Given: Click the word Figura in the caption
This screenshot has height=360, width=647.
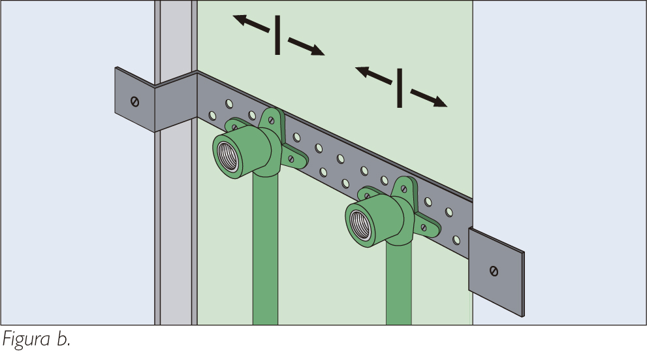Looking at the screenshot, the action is click(26, 340).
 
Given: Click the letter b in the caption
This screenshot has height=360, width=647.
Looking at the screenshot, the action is click(62, 339).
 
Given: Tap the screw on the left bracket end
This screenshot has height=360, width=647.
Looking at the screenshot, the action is click(134, 101).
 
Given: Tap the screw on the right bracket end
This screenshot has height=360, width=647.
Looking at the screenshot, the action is click(494, 271).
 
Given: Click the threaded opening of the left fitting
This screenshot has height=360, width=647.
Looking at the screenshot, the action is click(229, 156).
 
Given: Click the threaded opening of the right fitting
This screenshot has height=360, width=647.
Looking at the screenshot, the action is click(360, 225).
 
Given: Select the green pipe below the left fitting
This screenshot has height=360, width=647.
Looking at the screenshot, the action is click(265, 248).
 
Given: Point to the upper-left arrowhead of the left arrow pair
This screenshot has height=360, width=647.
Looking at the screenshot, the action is click(240, 19).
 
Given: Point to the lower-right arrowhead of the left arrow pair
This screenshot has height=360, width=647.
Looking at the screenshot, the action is click(317, 50).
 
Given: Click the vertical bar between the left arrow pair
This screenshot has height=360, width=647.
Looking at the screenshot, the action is click(277, 35).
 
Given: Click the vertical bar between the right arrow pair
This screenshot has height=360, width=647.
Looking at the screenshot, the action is click(400, 88).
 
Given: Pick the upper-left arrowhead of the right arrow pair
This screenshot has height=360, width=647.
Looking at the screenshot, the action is click(362, 72).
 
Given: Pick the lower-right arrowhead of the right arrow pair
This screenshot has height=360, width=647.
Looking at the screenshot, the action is click(439, 102).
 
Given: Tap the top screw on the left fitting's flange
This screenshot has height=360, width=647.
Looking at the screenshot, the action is click(271, 120).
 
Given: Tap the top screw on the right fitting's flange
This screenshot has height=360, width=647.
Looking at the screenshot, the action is click(403, 189).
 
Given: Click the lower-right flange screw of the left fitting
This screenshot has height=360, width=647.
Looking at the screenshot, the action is click(291, 159).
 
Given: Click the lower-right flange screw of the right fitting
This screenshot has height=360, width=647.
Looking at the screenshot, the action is click(423, 227).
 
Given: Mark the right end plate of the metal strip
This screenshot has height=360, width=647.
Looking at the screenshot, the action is click(496, 272).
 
